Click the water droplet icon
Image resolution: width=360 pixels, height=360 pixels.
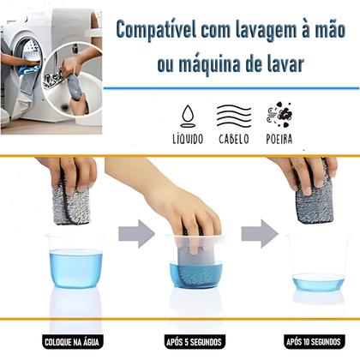(x=187, y=115)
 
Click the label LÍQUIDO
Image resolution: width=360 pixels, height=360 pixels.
(x=187, y=138)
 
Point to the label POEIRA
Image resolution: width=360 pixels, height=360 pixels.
(x=283, y=138)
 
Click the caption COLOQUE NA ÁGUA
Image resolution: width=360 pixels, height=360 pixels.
(x=75, y=341)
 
